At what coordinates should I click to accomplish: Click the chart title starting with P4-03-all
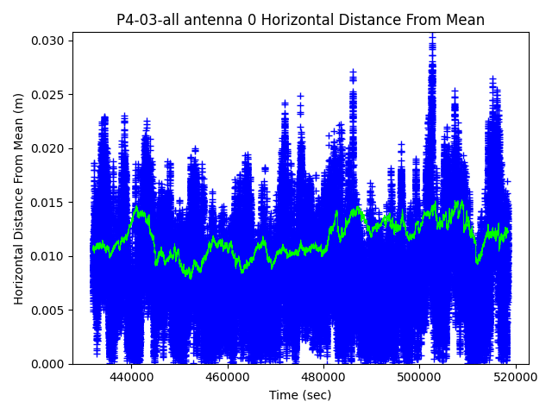pos(300,20)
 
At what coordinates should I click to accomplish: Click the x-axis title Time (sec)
pos(300,395)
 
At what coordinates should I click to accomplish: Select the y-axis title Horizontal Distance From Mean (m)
pos(19,198)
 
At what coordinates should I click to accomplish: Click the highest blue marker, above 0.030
pos(432,35)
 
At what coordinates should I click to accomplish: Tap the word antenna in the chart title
pos(199,20)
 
